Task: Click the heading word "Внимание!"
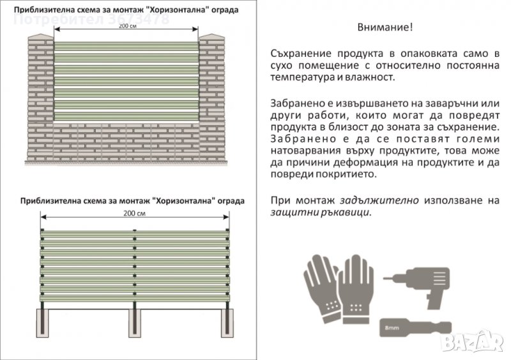coord(385,27)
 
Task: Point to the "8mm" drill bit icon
coord(409,327)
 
